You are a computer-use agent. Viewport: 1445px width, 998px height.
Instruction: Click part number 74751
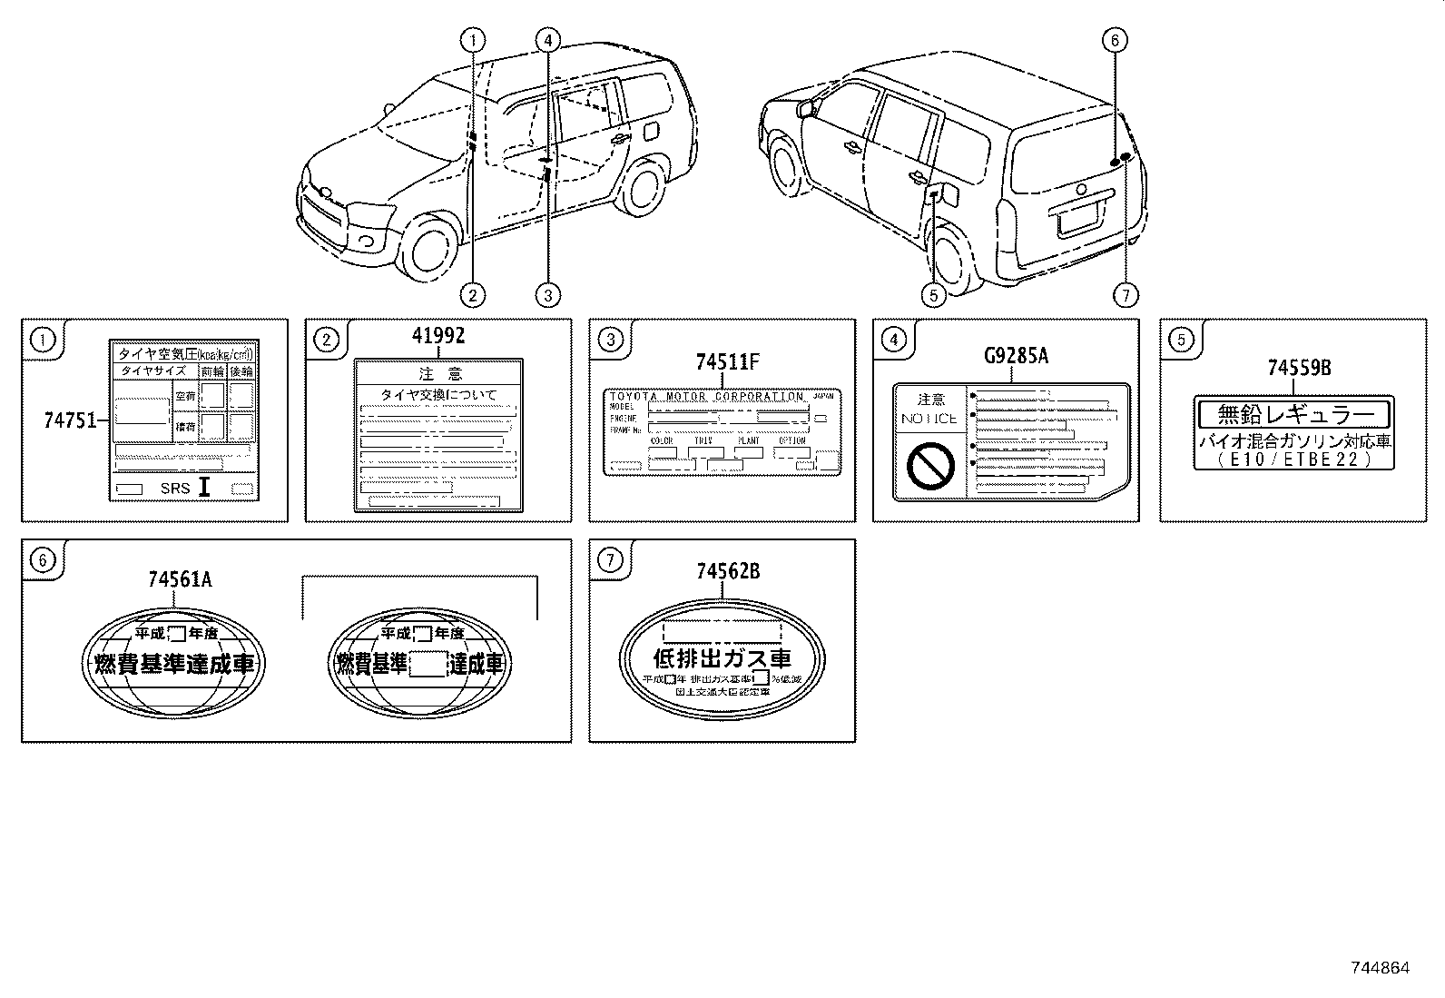point(69,420)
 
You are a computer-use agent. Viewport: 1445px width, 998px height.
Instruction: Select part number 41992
point(438,335)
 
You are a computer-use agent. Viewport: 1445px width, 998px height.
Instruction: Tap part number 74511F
point(727,362)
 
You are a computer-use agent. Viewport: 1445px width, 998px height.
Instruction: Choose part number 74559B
point(1299,368)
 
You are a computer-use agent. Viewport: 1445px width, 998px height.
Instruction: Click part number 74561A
point(180,578)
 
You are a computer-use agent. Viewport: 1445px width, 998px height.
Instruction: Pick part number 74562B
point(728,571)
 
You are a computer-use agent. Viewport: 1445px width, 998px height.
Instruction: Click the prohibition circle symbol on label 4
point(930,467)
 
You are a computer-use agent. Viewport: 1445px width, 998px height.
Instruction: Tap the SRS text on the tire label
point(175,489)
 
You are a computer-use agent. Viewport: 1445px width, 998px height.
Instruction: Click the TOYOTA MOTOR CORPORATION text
point(706,397)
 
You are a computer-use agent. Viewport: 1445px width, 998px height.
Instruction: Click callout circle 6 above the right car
point(1114,40)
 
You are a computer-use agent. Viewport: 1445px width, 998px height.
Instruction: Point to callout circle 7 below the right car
point(1126,294)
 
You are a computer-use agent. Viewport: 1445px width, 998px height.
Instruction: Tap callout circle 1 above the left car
point(473,39)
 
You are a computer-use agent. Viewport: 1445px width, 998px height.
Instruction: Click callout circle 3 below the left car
point(547,294)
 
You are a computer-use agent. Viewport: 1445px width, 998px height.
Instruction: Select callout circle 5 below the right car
point(932,294)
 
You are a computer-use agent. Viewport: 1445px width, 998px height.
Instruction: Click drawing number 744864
point(1378,968)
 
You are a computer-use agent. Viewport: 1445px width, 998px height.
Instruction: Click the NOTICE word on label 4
point(929,419)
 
